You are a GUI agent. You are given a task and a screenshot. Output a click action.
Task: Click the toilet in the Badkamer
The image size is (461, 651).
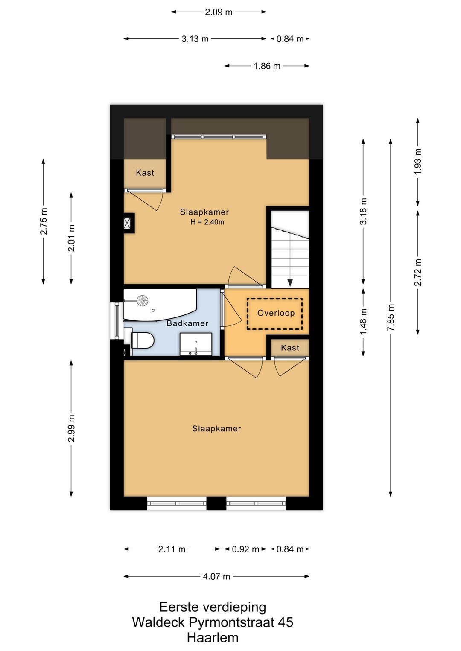click(x=142, y=340)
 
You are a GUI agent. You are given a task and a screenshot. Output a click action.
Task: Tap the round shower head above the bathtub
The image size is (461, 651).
click(x=143, y=299)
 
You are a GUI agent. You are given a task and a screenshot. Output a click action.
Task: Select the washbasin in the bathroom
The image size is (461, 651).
click(x=196, y=344)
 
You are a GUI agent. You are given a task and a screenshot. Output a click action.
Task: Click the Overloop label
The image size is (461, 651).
click(x=276, y=313)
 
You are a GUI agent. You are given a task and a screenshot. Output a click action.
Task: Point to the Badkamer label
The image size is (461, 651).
click(x=187, y=323)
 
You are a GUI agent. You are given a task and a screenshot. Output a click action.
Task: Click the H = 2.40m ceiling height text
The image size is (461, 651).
click(x=207, y=222)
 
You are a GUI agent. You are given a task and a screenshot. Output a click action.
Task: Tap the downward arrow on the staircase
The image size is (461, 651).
click(x=290, y=282)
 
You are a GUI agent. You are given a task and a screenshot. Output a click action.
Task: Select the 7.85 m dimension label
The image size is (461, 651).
click(x=391, y=317)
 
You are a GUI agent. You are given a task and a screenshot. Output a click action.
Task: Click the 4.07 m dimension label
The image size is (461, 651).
click(x=216, y=577)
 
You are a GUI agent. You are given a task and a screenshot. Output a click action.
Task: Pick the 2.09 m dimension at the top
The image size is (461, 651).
click(x=219, y=12)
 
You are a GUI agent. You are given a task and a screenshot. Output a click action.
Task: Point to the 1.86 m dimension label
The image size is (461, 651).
click(x=267, y=66)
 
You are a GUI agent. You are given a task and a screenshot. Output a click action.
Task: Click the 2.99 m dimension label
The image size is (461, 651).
click(x=71, y=428)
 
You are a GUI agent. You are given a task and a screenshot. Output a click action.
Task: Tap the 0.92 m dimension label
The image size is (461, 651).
click(x=245, y=549)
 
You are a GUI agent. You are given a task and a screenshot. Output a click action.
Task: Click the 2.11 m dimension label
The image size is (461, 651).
click(x=172, y=549)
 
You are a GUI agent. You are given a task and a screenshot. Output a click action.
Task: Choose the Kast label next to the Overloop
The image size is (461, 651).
click(x=290, y=348)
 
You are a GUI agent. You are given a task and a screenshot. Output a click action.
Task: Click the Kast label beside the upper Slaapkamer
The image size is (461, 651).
click(x=145, y=173)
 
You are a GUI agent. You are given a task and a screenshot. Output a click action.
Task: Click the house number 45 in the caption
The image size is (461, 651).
click(x=285, y=622)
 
